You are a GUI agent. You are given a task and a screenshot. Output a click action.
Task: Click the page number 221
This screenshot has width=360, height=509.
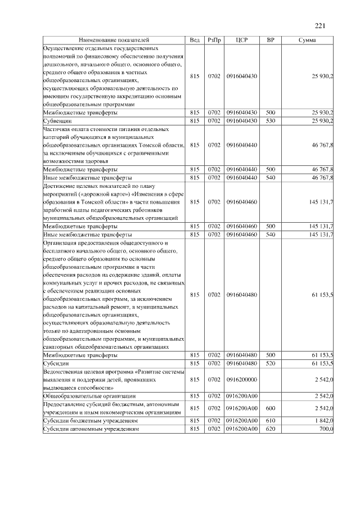pyautogui.click(x=320, y=25)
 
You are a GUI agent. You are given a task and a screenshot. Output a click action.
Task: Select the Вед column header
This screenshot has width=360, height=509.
pyautogui.click(x=195, y=40)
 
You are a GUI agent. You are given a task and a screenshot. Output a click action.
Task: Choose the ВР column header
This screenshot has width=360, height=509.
pyautogui.click(x=270, y=40)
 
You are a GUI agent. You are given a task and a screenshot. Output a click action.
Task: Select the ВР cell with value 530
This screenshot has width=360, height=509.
pyautogui.click(x=270, y=121)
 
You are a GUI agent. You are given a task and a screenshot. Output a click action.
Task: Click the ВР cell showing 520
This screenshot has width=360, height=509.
pyautogui.click(x=270, y=364)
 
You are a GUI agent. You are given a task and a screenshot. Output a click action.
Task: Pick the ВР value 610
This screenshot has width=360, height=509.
pyautogui.click(x=270, y=421)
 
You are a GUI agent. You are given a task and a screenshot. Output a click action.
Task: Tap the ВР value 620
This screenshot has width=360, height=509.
pyautogui.click(x=270, y=429)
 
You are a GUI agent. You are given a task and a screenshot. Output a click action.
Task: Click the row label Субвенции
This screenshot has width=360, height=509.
pyautogui.click(x=57, y=121)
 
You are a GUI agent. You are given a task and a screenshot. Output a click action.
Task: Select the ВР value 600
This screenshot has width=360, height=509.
pyautogui.click(x=270, y=408)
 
